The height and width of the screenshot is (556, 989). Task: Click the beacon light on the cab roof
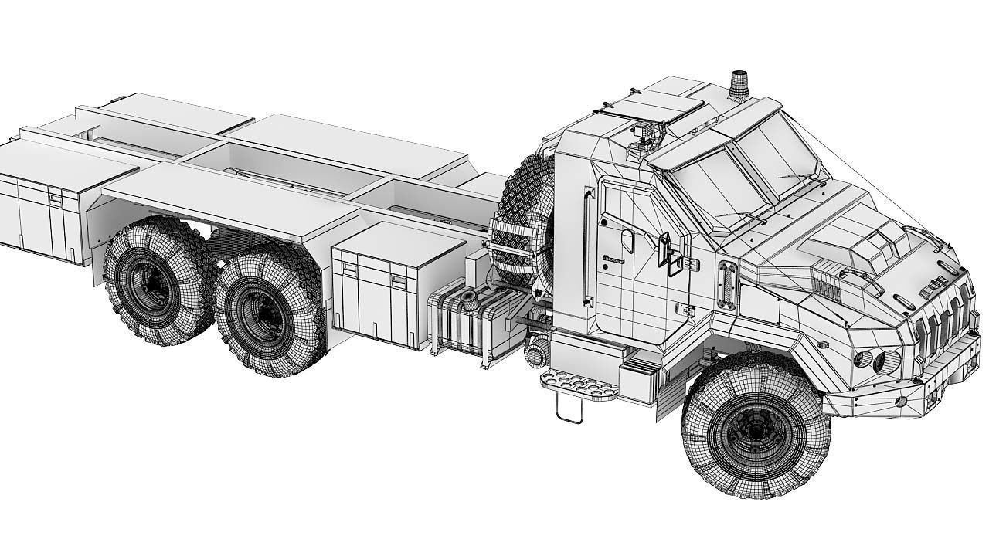coord(738,86)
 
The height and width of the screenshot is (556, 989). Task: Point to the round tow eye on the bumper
coord(901,402)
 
